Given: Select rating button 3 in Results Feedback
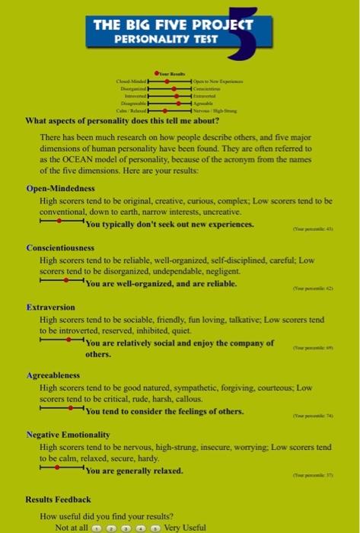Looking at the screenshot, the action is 126,527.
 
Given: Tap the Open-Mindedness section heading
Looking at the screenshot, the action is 60,188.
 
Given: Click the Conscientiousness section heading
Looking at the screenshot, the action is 60,248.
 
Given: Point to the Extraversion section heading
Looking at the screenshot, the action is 50,307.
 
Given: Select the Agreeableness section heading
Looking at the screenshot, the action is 53,376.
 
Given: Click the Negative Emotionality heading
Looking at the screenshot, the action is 68,434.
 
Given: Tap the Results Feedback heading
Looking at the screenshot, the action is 59,499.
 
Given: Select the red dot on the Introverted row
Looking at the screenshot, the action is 177,95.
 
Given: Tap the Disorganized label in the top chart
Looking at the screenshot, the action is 132,88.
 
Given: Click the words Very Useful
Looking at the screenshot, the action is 185,527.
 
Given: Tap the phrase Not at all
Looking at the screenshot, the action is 72,527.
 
